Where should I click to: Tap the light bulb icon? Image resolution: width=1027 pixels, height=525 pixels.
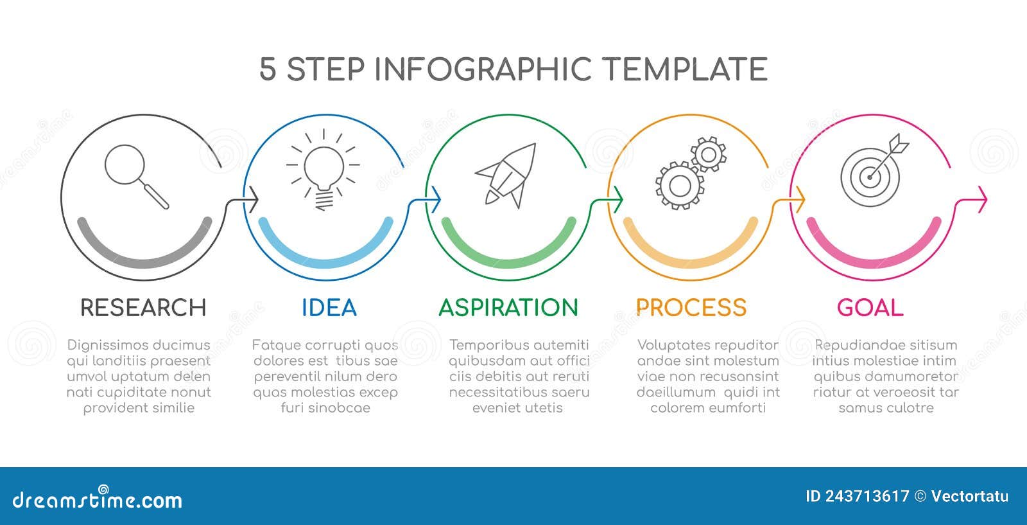pyautogui.click(x=324, y=170)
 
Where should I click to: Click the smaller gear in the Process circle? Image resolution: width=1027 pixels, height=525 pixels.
pyautogui.click(x=709, y=154)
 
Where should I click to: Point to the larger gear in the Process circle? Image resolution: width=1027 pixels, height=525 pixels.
pyautogui.click(x=680, y=186)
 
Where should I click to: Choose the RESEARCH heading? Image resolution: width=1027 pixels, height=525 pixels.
pyautogui.click(x=143, y=307)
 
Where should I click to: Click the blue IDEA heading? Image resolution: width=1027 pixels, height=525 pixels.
pyautogui.click(x=329, y=307)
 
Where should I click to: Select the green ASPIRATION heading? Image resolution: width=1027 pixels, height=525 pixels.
pyautogui.click(x=508, y=307)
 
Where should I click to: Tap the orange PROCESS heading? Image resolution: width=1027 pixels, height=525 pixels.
pyautogui.click(x=691, y=307)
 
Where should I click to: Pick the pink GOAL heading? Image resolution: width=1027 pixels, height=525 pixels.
pyautogui.click(x=870, y=307)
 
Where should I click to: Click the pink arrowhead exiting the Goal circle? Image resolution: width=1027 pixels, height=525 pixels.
pyautogui.click(x=982, y=200)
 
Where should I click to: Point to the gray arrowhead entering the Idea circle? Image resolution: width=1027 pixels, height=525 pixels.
pyautogui.click(x=253, y=200)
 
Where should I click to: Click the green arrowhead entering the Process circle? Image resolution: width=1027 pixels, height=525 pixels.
pyautogui.click(x=617, y=200)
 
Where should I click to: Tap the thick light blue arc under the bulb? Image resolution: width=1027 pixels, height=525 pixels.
pyautogui.click(x=326, y=264)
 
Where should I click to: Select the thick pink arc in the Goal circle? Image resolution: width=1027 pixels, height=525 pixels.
pyautogui.click(x=874, y=264)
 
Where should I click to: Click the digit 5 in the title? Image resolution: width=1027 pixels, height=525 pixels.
pyautogui.click(x=268, y=69)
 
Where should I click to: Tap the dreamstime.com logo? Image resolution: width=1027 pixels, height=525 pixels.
pyautogui.click(x=97, y=499)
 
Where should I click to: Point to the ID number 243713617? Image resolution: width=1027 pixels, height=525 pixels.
pyautogui.click(x=867, y=496)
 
